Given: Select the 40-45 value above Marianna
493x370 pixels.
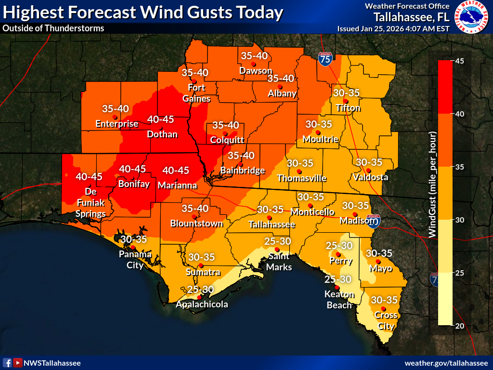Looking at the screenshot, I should click(175, 170).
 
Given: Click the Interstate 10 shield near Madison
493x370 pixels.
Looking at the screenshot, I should click(374, 221).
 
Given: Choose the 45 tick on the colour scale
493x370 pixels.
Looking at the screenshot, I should click(460, 61).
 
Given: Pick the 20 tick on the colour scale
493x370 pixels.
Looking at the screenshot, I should click(460, 326).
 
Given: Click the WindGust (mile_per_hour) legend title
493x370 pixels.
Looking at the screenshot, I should click(432, 185).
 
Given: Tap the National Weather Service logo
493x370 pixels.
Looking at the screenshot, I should click(472, 18).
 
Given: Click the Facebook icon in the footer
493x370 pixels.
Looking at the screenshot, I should click(7, 363).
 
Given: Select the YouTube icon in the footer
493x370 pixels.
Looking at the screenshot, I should click(18, 363).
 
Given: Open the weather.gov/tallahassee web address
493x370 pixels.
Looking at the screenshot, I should click(446, 363).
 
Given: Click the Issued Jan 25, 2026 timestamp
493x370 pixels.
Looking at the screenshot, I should click(393, 28).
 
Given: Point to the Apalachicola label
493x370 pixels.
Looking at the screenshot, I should click(202, 304).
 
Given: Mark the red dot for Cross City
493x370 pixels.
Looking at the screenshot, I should click(383, 308).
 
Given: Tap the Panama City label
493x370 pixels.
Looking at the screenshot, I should click(135, 259).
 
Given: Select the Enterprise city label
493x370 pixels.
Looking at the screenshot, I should click(117, 124).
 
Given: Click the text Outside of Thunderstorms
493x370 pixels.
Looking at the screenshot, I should click(53, 28).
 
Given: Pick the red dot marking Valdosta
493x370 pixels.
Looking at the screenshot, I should click(368, 170).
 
